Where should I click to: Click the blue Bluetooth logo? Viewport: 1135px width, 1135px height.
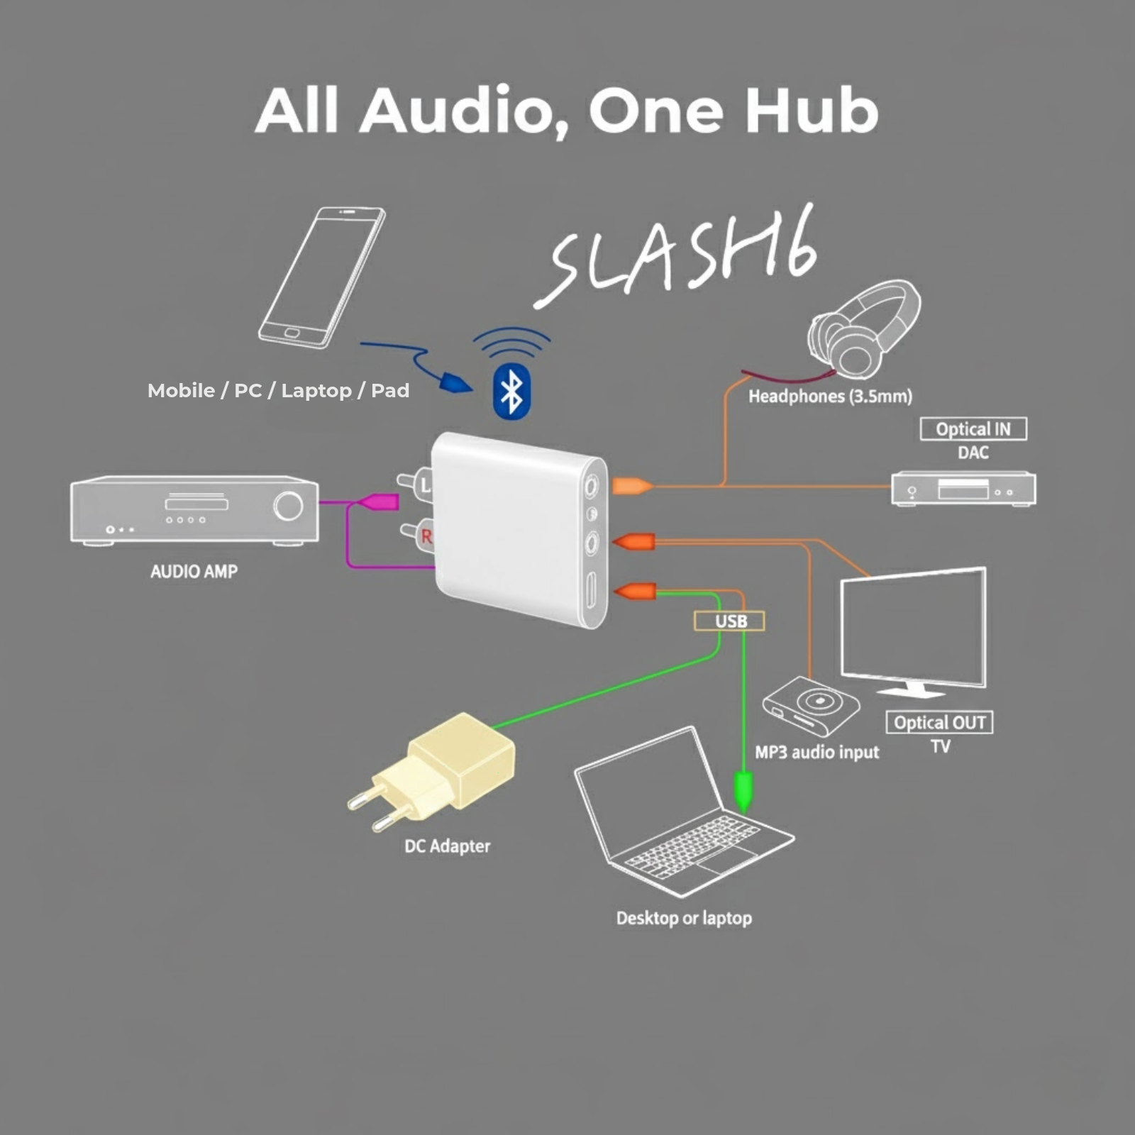click(x=511, y=392)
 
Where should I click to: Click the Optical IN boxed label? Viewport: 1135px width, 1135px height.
click(x=973, y=429)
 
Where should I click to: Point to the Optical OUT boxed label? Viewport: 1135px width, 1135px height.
click(x=939, y=723)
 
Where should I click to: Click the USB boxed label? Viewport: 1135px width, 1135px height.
click(x=730, y=621)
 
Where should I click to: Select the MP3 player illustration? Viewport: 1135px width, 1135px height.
click(x=812, y=705)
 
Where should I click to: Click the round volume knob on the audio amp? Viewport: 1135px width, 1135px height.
click(x=288, y=506)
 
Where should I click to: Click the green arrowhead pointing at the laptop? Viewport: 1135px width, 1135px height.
click(x=743, y=791)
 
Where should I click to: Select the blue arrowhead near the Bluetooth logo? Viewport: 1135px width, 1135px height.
click(x=456, y=383)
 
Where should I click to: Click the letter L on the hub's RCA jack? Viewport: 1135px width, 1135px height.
click(x=425, y=485)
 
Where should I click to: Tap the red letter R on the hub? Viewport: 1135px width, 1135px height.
click(x=426, y=536)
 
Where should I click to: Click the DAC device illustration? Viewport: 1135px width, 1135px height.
click(x=963, y=488)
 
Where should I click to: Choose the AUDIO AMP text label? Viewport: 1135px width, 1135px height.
click(x=194, y=572)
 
